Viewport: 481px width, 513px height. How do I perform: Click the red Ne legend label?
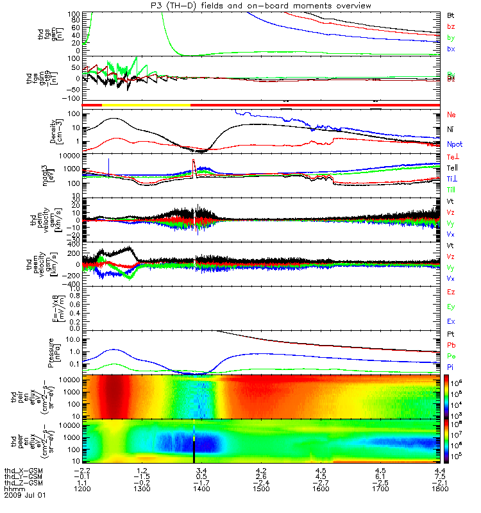click(x=451, y=115)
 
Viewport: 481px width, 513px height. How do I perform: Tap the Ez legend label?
click(x=451, y=292)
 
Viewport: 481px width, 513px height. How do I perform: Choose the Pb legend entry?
click(x=451, y=344)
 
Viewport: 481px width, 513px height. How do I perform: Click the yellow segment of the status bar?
click(x=146, y=104)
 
